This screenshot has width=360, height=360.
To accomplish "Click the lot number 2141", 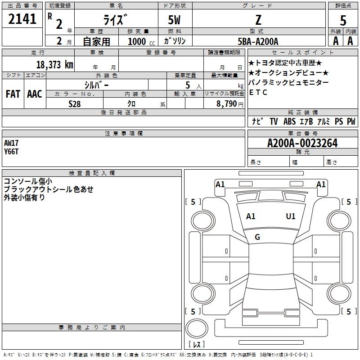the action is coord(22,19).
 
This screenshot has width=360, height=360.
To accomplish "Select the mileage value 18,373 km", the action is coord(55,64).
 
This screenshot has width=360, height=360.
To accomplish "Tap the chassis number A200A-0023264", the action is coord(302,143).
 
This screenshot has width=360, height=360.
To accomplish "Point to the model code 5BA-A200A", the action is coord(258,41).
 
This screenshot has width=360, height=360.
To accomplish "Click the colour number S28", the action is coord(75,104).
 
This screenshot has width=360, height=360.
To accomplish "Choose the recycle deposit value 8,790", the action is coord(227,103).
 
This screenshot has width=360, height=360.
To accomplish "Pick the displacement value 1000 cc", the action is coord(141,41).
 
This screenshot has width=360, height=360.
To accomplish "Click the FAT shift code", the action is coord(13,94).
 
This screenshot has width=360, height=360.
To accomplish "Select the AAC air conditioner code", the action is coord(35,94).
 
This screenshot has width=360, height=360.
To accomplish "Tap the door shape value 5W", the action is coord(174,20).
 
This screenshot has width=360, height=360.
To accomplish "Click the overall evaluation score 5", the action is coord(343,20).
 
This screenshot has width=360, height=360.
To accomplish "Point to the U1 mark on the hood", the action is coord(291,216).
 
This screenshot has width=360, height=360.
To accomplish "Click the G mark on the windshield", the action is coord(257,237).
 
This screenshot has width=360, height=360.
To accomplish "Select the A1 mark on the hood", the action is coord(251,216).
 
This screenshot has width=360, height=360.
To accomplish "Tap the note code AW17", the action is coord(11,143).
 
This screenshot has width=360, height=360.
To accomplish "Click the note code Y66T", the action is coord(11,152).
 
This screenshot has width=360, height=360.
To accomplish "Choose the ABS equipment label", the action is coord(289,121).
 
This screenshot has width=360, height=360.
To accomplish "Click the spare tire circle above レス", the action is coord(197,328).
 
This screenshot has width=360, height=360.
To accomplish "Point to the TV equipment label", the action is coord(274,121).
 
